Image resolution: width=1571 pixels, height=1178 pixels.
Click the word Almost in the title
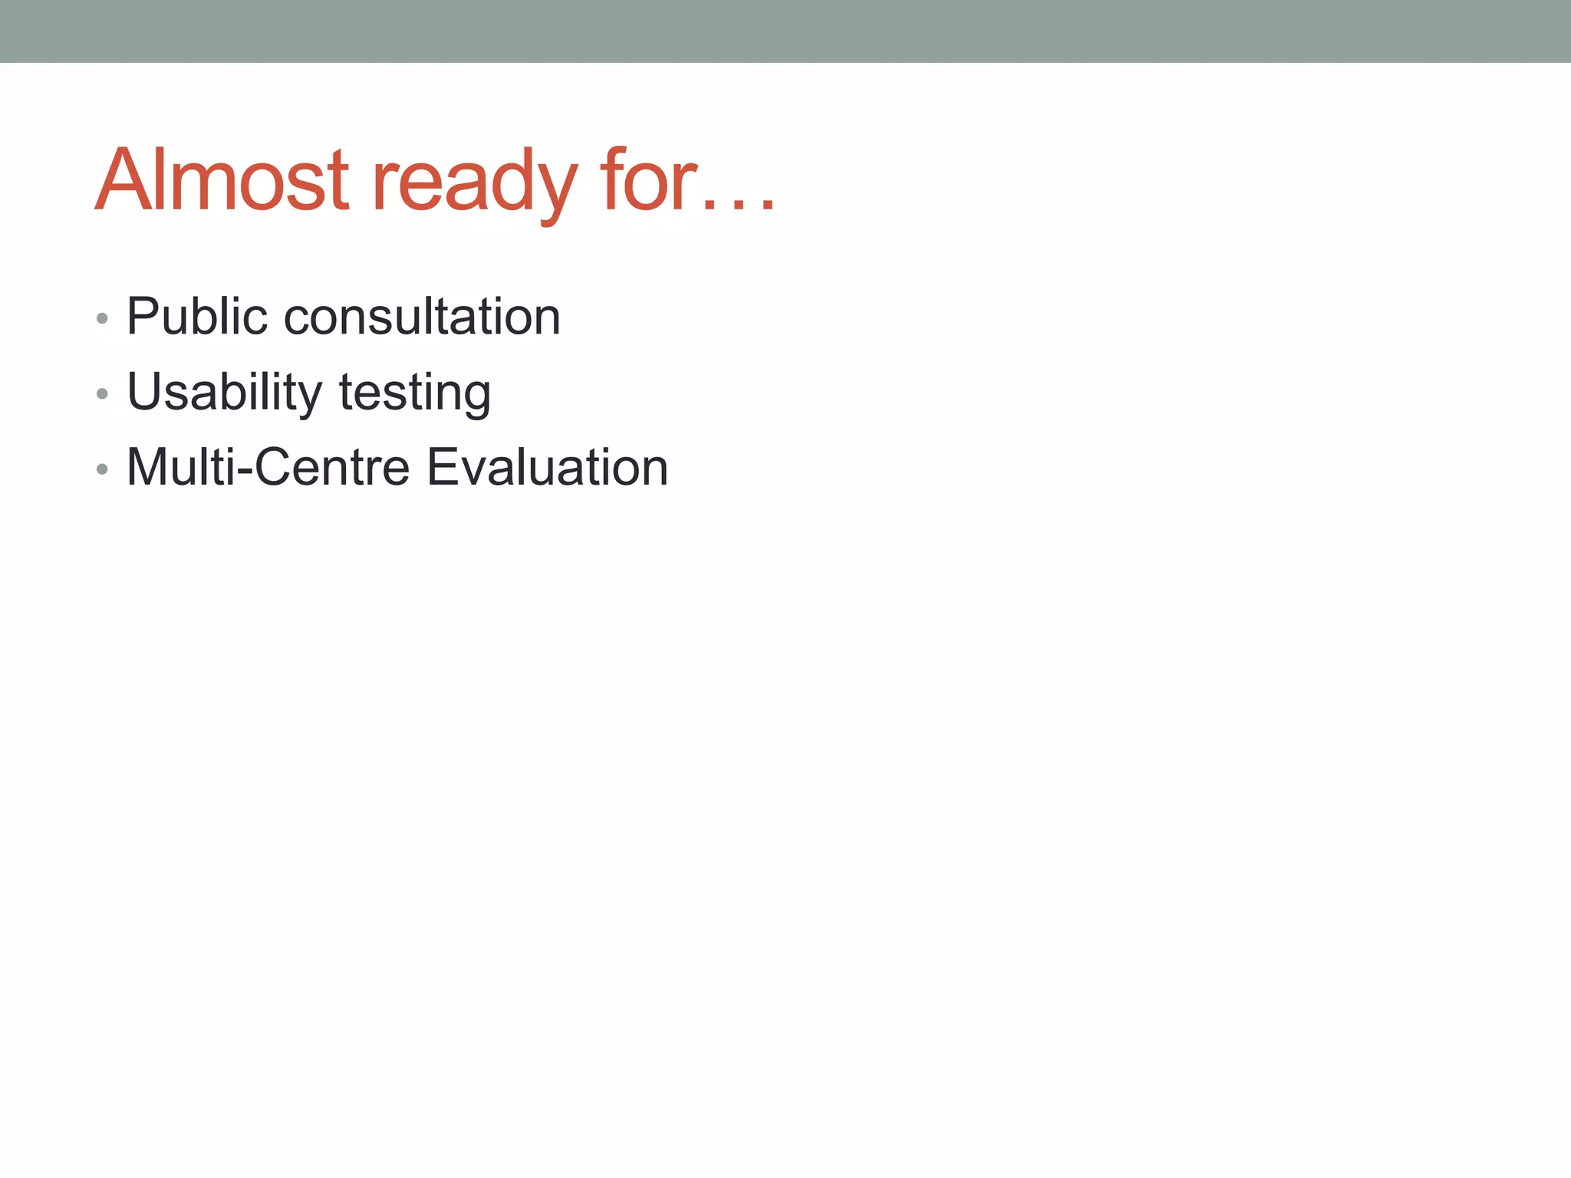[x=222, y=181]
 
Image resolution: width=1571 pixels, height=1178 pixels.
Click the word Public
[x=197, y=316]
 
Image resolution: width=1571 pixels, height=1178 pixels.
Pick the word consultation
[x=422, y=316]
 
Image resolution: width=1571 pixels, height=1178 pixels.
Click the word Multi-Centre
[x=268, y=467]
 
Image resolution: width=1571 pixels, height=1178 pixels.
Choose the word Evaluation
[x=547, y=467]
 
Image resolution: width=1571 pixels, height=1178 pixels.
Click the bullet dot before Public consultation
[x=102, y=318]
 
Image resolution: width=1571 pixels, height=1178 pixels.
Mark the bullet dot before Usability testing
[x=102, y=394]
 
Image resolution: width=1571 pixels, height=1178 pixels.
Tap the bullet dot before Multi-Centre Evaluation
[x=102, y=469]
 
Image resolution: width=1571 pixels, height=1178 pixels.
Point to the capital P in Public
[x=143, y=316]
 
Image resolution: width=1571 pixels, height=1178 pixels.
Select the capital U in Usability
[x=145, y=392]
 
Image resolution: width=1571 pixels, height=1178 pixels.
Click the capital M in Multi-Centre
[x=149, y=467]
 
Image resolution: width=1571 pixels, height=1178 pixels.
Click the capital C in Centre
[x=275, y=467]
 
